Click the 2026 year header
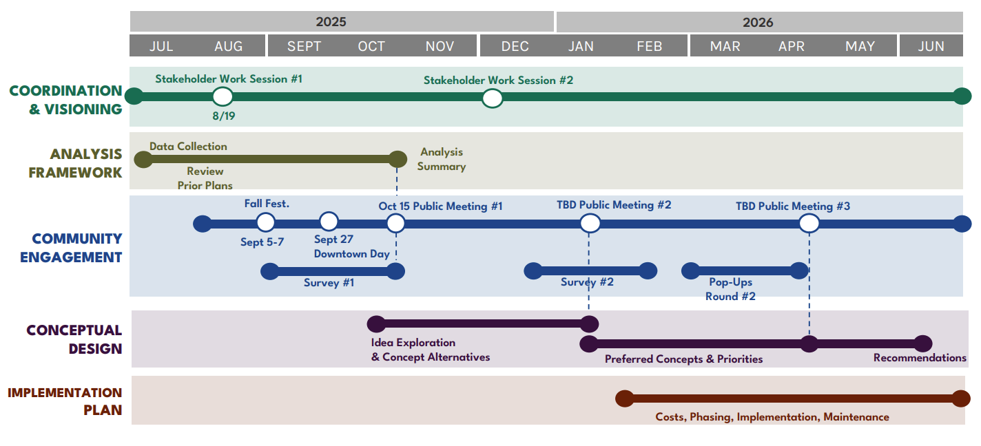coord(758,22)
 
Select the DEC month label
coord(515,46)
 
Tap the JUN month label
coord(931,46)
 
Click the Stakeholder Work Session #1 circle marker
coord(223,97)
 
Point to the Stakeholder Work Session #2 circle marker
coord(492,98)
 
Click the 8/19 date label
coord(223,116)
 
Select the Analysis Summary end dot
coord(397,160)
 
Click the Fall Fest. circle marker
coord(265,222)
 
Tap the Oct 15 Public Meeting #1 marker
coord(395,223)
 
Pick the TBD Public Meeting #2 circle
coord(590,223)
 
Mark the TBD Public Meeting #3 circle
coord(809,223)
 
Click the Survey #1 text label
coord(329,282)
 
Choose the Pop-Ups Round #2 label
coord(730,289)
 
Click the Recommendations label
coord(920,358)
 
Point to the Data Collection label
coord(188,146)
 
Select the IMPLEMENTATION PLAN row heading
coord(65,401)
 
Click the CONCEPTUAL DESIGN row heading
coord(74,339)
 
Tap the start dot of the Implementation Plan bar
coord(624,399)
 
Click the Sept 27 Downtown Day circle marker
coord(329,222)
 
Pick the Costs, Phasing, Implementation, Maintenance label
coord(772,417)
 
